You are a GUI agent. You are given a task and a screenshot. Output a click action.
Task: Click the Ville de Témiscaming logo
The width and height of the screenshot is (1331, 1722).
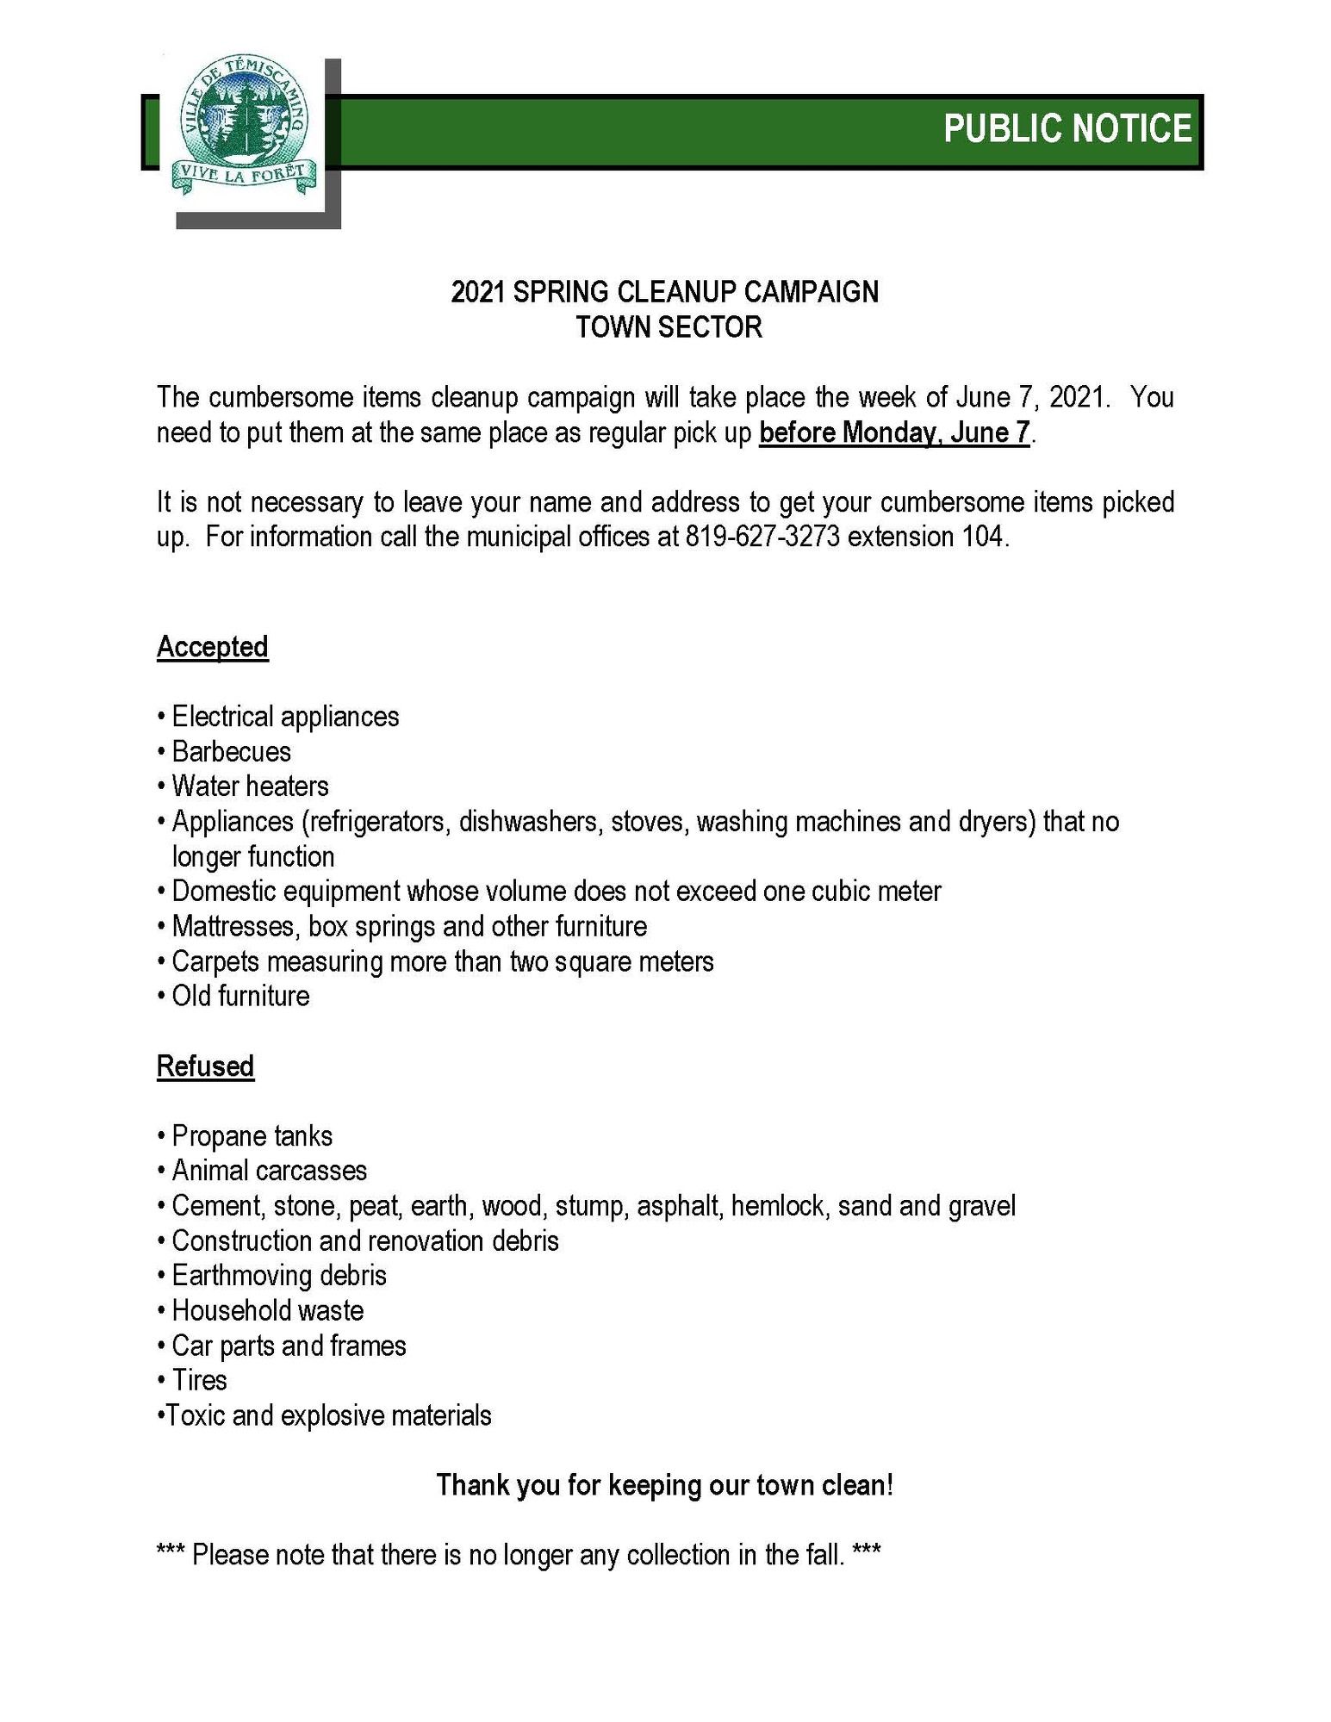(245, 126)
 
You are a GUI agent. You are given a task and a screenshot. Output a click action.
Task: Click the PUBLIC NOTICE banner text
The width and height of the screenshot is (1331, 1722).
(1067, 128)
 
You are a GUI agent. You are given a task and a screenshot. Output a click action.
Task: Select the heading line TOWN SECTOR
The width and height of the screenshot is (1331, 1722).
(669, 327)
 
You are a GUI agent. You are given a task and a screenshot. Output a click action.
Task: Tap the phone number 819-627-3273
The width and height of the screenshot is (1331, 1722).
(762, 537)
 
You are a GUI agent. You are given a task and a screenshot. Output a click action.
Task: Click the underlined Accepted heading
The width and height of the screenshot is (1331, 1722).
(212, 647)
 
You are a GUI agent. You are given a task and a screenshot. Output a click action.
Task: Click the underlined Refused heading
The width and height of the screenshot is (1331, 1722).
(205, 1066)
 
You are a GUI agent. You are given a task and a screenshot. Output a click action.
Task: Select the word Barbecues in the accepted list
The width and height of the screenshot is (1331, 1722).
(231, 752)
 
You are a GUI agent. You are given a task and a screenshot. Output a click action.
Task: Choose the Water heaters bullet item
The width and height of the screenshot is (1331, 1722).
(250, 786)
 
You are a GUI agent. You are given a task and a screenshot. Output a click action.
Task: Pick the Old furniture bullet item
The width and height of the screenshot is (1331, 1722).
(240, 997)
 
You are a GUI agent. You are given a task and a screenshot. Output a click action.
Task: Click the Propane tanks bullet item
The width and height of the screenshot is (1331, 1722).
(252, 1136)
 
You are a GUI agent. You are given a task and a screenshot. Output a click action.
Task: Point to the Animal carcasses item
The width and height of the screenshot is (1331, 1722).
(269, 1171)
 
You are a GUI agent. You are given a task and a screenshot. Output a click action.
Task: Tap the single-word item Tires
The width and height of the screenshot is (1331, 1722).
(199, 1381)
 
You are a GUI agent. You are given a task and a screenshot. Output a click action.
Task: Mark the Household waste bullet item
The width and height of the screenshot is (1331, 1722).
(267, 1311)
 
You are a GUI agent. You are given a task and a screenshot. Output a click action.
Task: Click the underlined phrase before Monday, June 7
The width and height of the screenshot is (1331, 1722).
(894, 432)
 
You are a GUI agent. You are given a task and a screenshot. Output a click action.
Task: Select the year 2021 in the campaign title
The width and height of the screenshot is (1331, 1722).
(477, 293)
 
